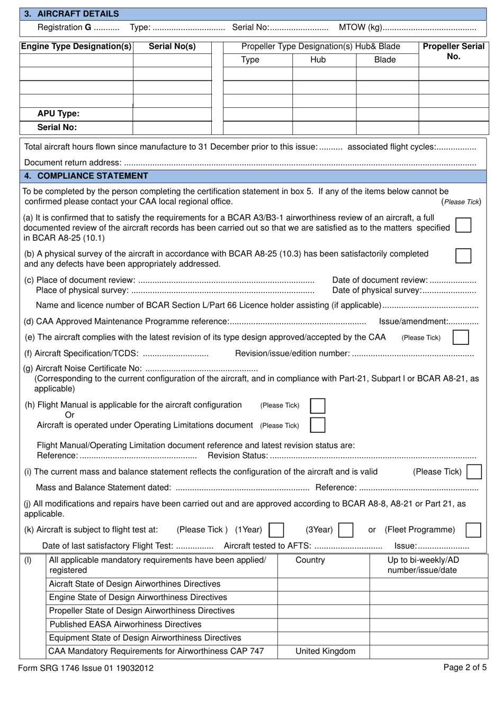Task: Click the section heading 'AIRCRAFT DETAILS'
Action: click(78, 14)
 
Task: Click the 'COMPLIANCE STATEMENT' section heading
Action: click(93, 176)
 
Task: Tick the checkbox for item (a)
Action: click(463, 225)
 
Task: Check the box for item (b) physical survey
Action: click(463, 256)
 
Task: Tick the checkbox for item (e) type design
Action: click(461, 337)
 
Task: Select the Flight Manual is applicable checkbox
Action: click(318, 406)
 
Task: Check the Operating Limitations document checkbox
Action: click(318, 425)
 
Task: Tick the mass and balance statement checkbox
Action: click(474, 471)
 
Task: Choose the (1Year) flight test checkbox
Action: click(276, 530)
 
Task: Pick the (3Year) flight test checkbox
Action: click(346, 530)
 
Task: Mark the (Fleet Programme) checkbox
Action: click(473, 530)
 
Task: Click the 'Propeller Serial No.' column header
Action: click(453, 51)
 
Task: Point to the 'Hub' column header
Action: click(318, 60)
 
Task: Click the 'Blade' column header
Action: click(385, 60)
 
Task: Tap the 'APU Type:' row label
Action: click(58, 114)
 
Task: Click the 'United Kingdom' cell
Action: click(325, 651)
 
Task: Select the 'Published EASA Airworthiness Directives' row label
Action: click(125, 624)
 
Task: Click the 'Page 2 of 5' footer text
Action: click(465, 667)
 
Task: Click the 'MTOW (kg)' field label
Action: click(360, 28)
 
